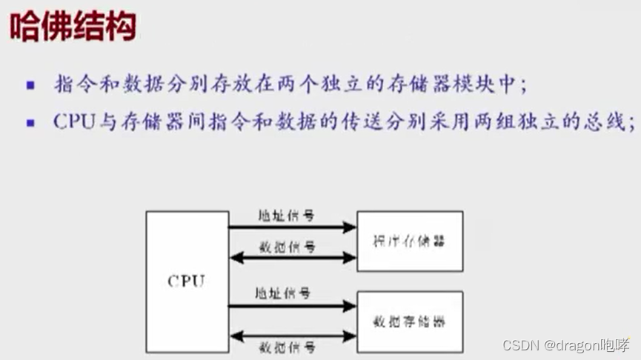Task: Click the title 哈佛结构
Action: (73, 28)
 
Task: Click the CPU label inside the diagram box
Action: (186, 281)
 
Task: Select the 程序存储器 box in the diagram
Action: (410, 241)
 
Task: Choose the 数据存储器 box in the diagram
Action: (410, 321)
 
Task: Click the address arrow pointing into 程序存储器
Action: (292, 227)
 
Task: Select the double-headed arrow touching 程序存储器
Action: (292, 258)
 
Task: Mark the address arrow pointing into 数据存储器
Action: (292, 305)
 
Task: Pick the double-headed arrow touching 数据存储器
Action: (292, 336)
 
